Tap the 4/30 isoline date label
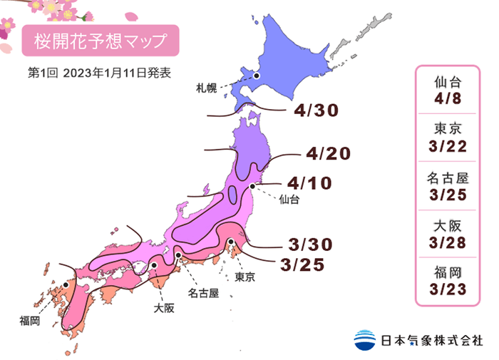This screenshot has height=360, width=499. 315,110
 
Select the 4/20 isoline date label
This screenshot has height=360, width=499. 329,153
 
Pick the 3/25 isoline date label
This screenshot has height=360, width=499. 303,265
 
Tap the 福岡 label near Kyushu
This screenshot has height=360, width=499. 30,322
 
